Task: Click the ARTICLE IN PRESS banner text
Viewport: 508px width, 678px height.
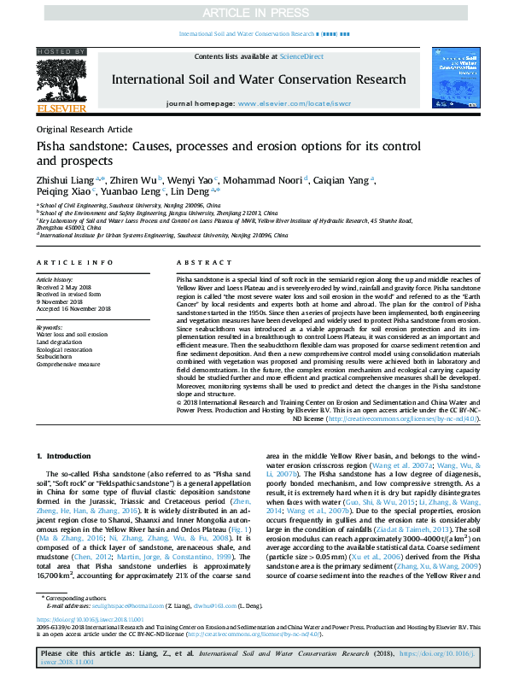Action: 254,14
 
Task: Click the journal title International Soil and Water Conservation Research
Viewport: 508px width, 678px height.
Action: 259,79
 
